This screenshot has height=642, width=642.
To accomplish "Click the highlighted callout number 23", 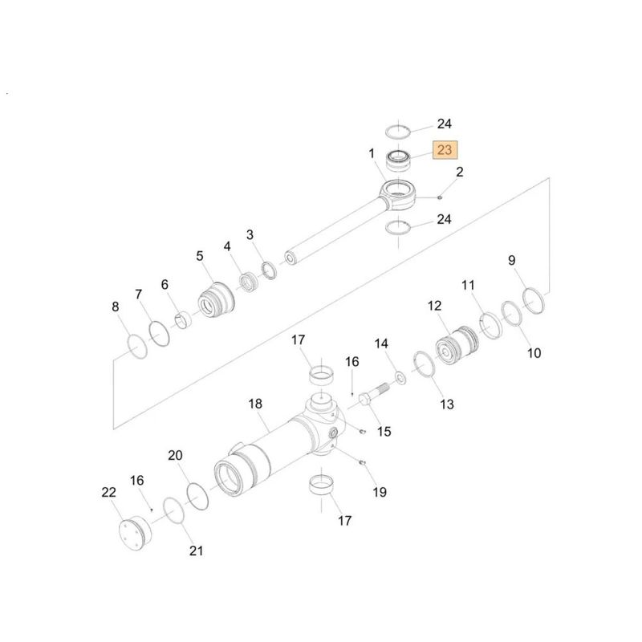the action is [x=445, y=150].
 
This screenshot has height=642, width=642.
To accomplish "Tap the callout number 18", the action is [x=255, y=404].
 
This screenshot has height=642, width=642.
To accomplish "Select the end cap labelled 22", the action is [x=136, y=534].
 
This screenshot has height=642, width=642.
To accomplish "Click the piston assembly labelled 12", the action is [x=456, y=345].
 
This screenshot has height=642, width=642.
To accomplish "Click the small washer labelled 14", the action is [x=400, y=378].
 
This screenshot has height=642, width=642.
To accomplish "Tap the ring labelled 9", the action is [x=534, y=301].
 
